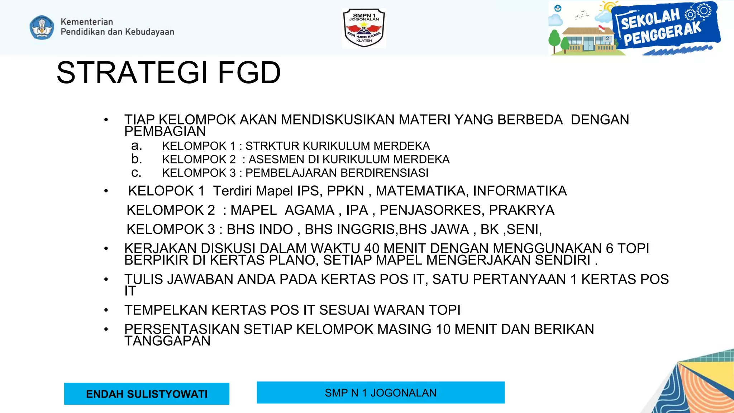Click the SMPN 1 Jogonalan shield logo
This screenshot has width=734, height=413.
(364, 28)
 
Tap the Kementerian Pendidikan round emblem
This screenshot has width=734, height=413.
(42, 27)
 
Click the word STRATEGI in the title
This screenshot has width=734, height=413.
(132, 73)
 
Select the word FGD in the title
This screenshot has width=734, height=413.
(249, 73)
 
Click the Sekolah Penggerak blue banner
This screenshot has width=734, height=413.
(665, 27)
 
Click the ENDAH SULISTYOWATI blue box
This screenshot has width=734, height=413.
(147, 394)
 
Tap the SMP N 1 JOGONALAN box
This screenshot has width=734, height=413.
(380, 393)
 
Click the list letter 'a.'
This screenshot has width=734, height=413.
(137, 146)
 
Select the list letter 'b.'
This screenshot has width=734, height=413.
(137, 159)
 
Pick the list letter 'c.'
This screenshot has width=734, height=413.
(137, 172)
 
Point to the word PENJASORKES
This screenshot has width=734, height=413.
(432, 210)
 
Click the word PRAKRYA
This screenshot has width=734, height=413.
(521, 210)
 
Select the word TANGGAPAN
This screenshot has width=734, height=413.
(167, 341)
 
